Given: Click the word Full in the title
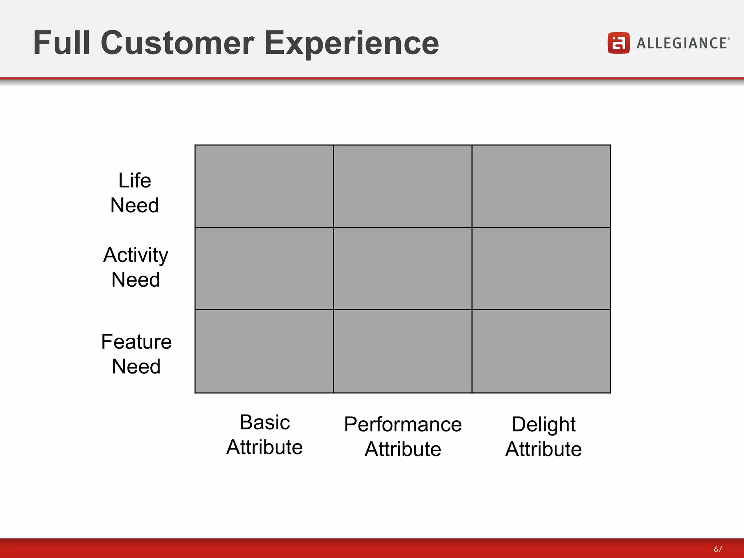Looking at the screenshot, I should [61, 43].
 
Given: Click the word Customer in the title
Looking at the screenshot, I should [178, 43].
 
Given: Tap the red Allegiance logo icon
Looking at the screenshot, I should [618, 43].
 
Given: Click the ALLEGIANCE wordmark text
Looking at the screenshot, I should [682, 43].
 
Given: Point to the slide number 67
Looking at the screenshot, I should [718, 549].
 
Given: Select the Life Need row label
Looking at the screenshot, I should [135, 193].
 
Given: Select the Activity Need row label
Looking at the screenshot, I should [136, 267].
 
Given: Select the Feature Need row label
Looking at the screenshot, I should [136, 354].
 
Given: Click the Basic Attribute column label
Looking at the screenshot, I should [264, 434].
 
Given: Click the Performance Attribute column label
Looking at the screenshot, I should [403, 437].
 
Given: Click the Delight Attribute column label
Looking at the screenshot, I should [543, 437].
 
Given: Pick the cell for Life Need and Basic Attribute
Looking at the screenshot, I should [264, 186].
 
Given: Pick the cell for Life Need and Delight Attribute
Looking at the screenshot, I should [541, 186].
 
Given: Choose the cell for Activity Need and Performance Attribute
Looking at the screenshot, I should [403, 268].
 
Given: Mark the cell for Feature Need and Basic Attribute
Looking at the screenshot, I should [264, 351].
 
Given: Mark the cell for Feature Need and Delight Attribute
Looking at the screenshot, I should [541, 351].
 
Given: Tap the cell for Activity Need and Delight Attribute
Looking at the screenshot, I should [541, 268].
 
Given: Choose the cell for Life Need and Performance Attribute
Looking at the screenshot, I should [403, 186].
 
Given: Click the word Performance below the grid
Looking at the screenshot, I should [403, 424].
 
